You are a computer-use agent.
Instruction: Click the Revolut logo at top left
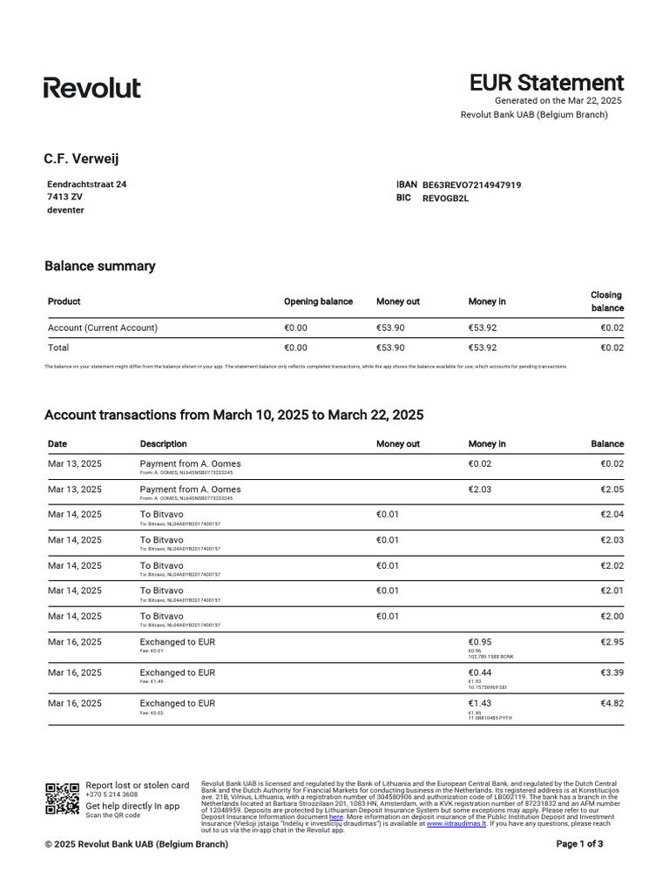[x=91, y=87]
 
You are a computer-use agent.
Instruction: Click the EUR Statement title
[x=546, y=83]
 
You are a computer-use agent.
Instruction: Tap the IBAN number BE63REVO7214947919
[x=471, y=185]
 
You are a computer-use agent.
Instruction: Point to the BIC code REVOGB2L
[x=445, y=198]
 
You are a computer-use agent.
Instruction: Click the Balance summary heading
[x=99, y=266]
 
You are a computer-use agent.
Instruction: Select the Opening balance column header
[x=318, y=301]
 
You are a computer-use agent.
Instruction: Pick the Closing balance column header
[x=607, y=301]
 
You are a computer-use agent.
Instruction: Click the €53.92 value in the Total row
[x=483, y=347]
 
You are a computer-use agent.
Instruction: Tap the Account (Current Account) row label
[x=103, y=328]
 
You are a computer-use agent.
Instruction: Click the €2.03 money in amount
[x=479, y=489]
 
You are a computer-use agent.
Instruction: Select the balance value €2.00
[x=612, y=616]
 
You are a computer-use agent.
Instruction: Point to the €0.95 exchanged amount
[x=480, y=642]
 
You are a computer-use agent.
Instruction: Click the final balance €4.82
[x=612, y=703]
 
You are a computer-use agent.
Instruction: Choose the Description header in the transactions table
[x=163, y=443]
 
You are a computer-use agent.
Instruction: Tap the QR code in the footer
[x=62, y=799]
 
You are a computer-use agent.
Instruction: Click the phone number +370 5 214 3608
[x=111, y=794]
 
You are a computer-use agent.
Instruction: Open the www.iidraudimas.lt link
[x=457, y=823]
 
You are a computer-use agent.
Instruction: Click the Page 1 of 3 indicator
[x=579, y=844]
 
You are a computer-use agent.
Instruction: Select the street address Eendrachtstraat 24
[x=86, y=185]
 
